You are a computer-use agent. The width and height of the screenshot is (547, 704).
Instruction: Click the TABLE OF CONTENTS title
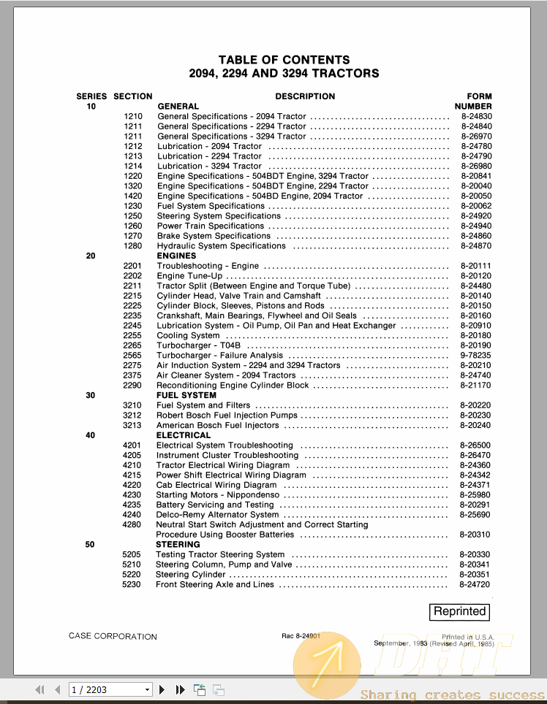284,60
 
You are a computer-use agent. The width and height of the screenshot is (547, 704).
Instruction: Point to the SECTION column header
133,96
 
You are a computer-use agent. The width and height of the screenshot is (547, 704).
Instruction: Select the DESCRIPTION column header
305,96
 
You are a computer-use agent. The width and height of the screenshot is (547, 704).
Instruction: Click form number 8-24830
476,116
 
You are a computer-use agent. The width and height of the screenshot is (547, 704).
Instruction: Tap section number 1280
133,246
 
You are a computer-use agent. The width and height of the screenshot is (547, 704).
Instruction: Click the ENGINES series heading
176,256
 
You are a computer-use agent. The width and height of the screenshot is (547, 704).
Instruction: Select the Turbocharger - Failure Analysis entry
219,356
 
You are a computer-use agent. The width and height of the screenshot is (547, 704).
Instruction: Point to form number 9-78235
475,356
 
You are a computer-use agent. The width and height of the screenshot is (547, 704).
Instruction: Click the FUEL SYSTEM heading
186,395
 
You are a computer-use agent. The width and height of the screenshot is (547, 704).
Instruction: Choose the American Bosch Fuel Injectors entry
218,425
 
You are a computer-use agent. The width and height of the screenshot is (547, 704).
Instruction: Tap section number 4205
132,455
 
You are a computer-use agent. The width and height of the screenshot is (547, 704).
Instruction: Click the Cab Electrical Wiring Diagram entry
216,485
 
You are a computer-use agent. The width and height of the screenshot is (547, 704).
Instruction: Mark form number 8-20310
475,535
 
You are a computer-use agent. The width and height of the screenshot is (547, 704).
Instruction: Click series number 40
90,435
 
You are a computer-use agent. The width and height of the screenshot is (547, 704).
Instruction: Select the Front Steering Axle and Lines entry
215,584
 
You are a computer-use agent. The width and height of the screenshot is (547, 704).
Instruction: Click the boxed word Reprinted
459,612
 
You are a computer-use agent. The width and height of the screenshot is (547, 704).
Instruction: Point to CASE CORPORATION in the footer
113,636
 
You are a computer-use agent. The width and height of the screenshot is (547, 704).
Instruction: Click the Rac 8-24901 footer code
301,636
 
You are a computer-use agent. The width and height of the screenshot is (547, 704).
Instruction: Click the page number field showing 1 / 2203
110,689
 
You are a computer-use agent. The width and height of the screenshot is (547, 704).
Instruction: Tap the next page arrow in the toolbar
162,689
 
